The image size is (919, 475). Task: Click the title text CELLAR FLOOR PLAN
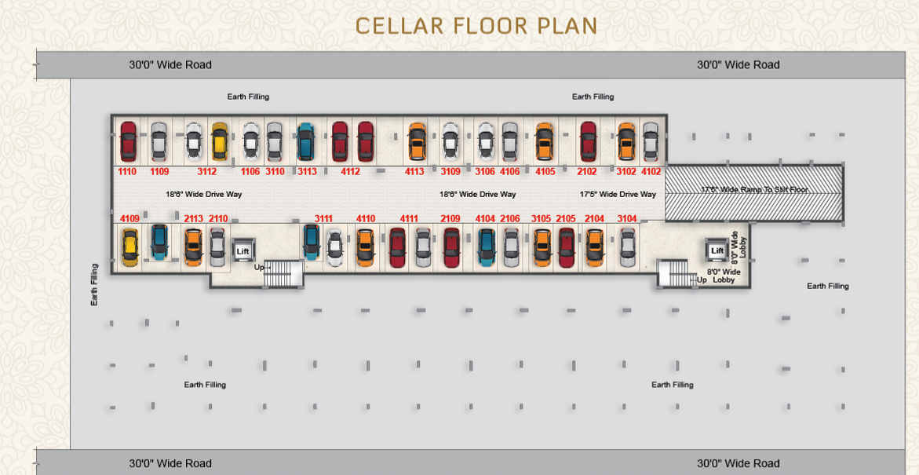tap(476, 26)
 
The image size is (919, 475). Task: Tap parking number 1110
tap(127, 172)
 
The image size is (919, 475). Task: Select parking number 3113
tap(307, 172)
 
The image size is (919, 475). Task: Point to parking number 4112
tap(351, 172)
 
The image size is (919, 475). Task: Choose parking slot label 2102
tap(587, 172)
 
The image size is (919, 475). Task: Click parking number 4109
tap(130, 219)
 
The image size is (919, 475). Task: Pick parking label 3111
tap(323, 219)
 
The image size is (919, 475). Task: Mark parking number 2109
tap(450, 219)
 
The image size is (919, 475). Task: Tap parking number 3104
tap(627, 219)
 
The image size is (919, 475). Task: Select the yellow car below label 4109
tap(130, 247)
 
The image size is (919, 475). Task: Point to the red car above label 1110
tap(129, 141)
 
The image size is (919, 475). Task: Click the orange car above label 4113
tap(417, 141)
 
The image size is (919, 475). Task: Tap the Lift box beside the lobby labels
tap(717, 251)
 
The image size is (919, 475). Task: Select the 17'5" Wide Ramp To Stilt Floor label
tap(754, 189)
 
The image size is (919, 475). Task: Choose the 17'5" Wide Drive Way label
tap(618, 194)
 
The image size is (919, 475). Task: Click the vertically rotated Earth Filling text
tap(93, 284)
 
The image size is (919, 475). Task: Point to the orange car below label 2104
tap(595, 247)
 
